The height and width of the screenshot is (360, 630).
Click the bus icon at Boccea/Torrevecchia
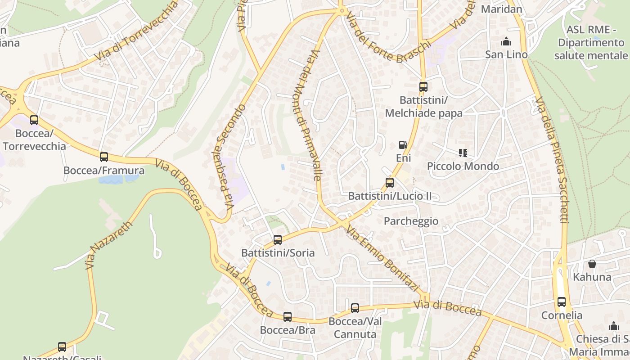[x=34, y=120]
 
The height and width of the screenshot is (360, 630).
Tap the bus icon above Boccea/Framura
[x=104, y=157]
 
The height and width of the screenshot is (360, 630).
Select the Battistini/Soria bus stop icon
[x=278, y=240]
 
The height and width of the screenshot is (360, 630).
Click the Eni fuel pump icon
[x=403, y=145]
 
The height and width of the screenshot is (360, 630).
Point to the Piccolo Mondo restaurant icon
[x=463, y=153]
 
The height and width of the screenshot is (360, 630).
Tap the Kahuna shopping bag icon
[x=592, y=264]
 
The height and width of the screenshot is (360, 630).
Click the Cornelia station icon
[x=562, y=302]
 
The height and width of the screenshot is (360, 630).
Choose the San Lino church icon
[x=506, y=42]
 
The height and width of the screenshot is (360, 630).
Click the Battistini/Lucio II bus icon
[x=390, y=183]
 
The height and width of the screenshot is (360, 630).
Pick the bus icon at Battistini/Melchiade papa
[x=423, y=87]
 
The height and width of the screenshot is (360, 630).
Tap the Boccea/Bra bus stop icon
[x=288, y=317]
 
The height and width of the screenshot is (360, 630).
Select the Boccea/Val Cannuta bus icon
[x=355, y=308]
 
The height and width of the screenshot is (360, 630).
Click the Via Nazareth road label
[x=109, y=245]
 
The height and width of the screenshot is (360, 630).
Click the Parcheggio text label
[x=411, y=221]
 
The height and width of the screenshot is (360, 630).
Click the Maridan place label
[x=501, y=9]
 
